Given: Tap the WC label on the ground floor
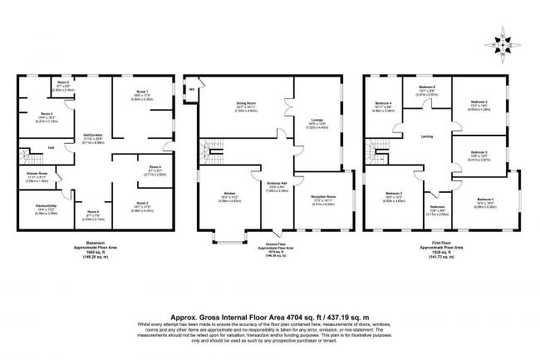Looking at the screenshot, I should pyautogui.click(x=192, y=88).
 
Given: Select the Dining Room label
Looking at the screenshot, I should pyautogui.click(x=245, y=104).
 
